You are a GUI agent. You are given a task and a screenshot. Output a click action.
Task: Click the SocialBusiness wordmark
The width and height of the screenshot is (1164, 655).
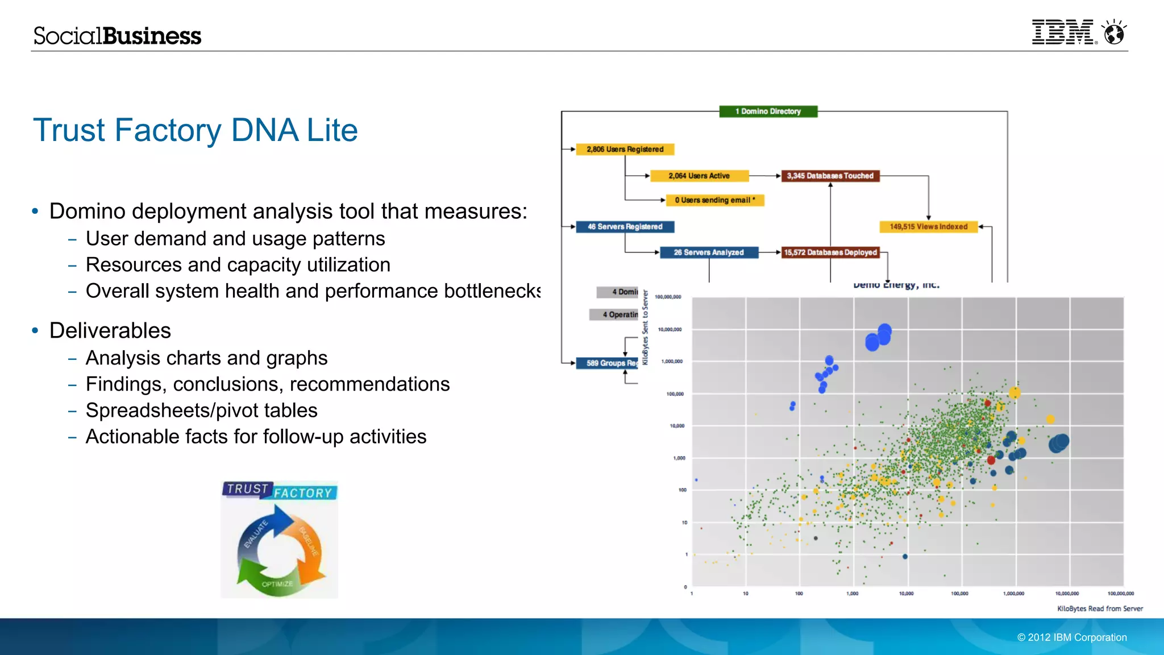point(117,36)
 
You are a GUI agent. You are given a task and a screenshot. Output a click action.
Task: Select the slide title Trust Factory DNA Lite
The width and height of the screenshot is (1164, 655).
point(196,130)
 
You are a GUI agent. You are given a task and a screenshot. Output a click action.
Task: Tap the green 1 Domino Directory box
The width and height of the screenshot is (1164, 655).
point(768,111)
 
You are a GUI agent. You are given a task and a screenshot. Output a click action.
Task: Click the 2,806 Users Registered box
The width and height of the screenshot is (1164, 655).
point(625,150)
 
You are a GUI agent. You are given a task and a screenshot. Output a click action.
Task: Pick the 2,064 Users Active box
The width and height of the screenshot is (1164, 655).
point(699,176)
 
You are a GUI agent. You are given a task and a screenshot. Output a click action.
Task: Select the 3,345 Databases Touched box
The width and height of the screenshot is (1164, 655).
point(830,176)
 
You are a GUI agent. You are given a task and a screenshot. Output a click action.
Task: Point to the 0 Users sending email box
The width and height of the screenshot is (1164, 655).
point(714,200)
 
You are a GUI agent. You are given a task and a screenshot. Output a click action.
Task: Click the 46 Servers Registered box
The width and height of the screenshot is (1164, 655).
point(625,227)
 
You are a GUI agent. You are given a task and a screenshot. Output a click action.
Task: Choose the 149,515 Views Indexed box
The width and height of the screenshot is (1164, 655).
point(928,227)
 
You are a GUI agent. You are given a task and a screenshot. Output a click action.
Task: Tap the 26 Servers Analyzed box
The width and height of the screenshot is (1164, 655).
point(709,252)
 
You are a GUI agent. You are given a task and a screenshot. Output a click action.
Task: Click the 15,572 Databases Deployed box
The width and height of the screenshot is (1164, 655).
point(830,252)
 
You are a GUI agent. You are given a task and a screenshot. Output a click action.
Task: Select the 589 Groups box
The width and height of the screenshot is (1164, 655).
point(607,363)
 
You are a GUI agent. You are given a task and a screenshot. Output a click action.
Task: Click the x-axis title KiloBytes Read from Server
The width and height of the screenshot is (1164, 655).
point(1099,608)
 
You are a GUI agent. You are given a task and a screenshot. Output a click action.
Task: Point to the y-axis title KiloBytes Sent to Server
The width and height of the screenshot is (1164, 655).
point(645,327)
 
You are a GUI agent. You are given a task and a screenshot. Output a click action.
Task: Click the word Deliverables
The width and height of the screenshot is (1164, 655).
point(110,331)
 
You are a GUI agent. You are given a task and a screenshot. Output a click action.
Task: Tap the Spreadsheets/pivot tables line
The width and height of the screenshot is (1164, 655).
point(201,411)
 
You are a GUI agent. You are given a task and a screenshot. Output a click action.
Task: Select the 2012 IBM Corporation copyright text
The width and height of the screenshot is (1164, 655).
point(1071,637)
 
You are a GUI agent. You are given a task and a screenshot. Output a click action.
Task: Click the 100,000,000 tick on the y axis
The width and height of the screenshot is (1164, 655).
point(668,297)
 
